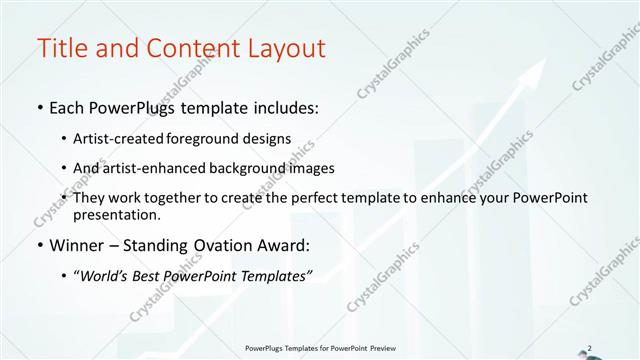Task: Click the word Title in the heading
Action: click(61, 48)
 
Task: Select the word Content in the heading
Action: click(189, 48)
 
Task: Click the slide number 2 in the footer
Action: click(590, 348)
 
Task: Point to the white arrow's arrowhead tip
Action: click(546, 58)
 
